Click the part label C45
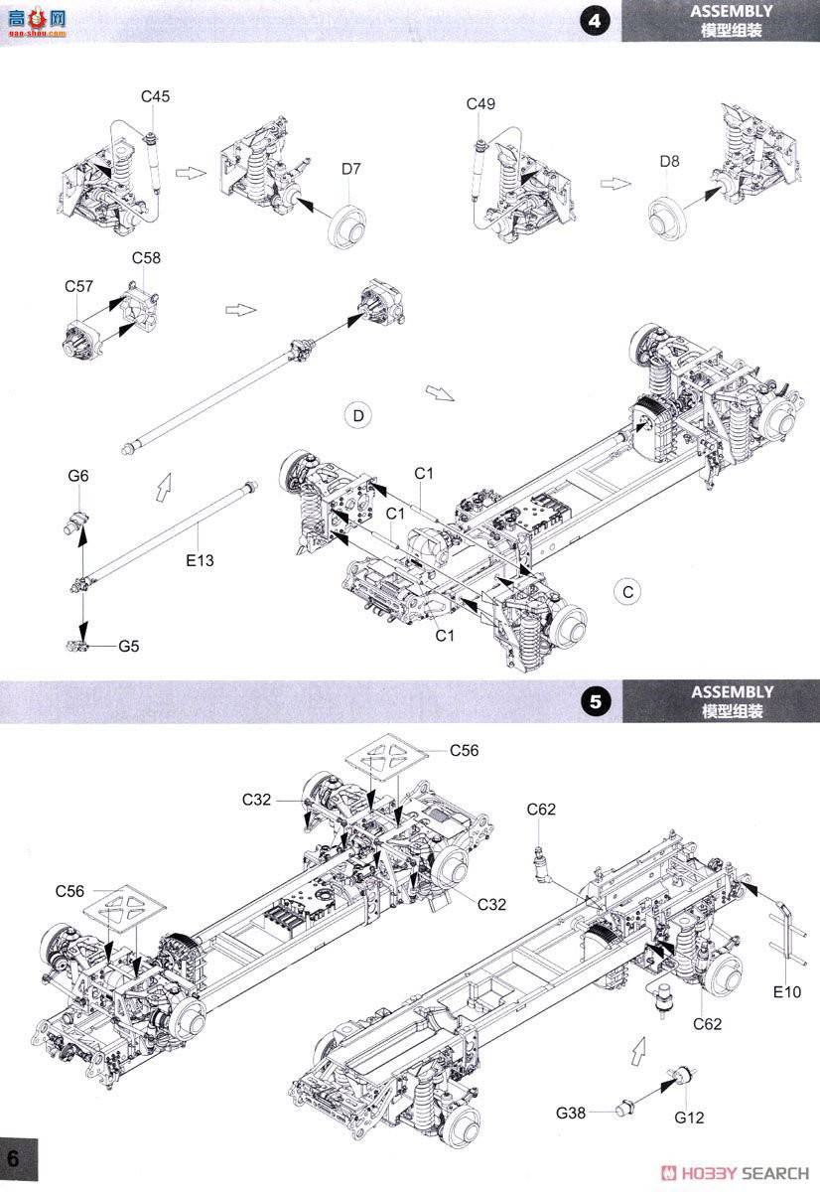point(155,96)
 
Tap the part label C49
point(480,104)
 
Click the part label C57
point(79,286)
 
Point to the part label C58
point(146,258)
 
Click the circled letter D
point(358,415)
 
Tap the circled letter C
point(626,591)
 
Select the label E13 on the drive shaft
point(201,560)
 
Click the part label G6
point(78,477)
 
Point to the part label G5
point(129,647)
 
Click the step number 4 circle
point(595,21)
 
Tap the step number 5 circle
point(595,701)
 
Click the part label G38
point(571,1114)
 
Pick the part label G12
point(688,1117)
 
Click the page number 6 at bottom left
point(14,1159)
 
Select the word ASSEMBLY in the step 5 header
point(732,692)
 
